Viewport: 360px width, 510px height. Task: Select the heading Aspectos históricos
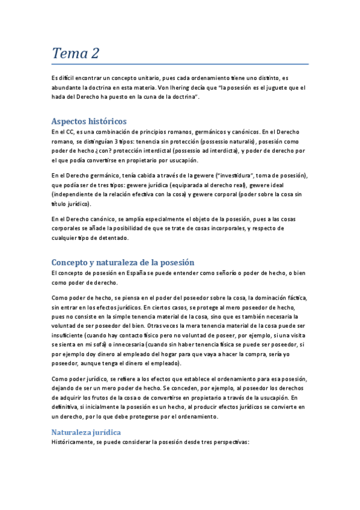(x=89, y=121)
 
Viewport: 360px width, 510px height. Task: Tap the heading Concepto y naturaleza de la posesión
(x=123, y=262)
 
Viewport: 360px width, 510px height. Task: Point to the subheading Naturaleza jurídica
(x=86, y=432)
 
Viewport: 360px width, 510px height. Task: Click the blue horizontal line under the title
(x=180, y=64)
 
